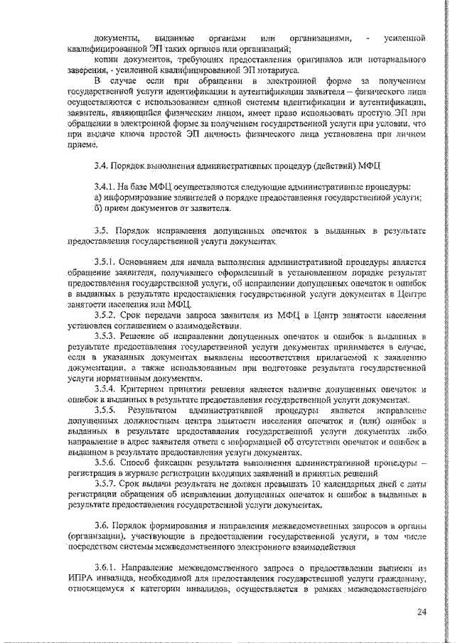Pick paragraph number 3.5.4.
pyautogui.click(x=107, y=389)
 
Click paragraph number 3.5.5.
pyautogui.click(x=107, y=411)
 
